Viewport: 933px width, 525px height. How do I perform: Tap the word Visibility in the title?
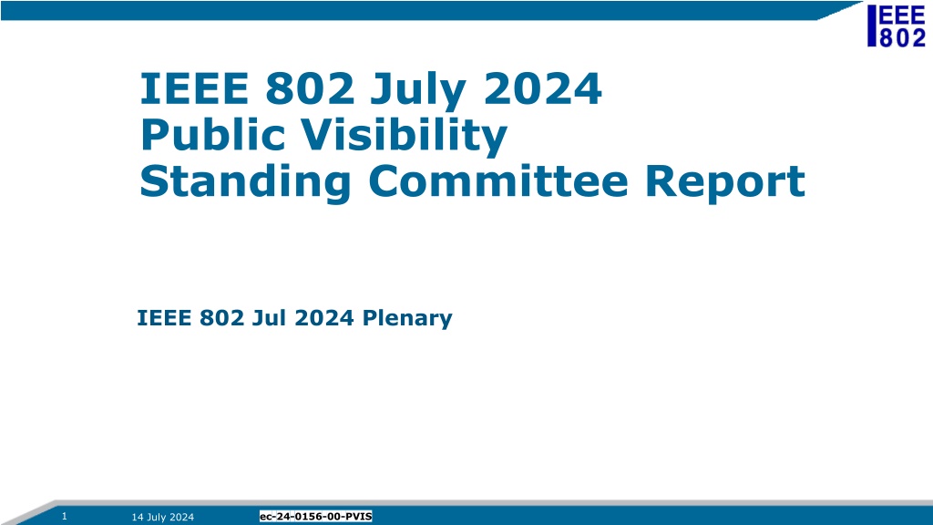tap(404, 137)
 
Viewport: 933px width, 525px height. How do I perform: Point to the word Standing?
tap(245, 182)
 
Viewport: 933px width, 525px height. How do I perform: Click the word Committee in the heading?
tap(498, 181)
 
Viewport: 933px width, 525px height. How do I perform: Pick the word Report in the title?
tap(724, 182)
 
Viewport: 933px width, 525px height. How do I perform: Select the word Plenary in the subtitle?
tap(407, 318)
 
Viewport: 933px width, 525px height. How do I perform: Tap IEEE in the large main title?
tap(194, 88)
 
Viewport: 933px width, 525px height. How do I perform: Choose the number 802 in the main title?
tap(310, 88)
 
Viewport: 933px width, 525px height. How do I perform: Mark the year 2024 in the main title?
tap(542, 88)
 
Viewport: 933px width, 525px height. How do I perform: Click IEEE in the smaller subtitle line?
tap(164, 318)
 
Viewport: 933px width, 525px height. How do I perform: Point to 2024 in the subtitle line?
tap(324, 318)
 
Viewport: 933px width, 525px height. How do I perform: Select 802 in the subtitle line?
tap(221, 318)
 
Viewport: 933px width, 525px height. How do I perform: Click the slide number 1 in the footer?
tap(65, 516)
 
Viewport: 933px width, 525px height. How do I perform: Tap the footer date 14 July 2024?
tap(162, 517)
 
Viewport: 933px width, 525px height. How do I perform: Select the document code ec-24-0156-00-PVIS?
tap(315, 516)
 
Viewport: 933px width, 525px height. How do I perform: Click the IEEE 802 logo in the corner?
tap(897, 26)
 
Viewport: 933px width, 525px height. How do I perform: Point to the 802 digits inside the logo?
tap(903, 36)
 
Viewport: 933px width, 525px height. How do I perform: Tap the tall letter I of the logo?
tap(872, 26)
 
